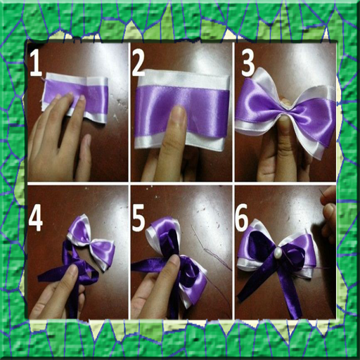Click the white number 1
(36, 63)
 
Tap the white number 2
(139, 64)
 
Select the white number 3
(247, 64)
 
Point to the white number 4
(36, 220)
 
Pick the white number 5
(139, 220)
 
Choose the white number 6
(242, 217)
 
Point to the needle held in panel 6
(323, 196)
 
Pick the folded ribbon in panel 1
(75, 96)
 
